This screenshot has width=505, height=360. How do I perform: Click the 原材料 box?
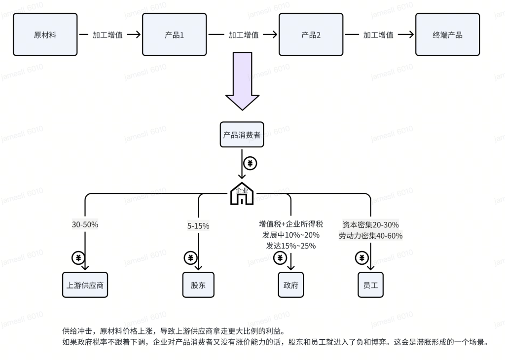point(45,35)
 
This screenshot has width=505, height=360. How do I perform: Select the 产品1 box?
point(174,35)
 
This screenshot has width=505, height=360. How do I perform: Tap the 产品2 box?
point(311,35)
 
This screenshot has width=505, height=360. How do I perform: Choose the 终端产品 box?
point(447,35)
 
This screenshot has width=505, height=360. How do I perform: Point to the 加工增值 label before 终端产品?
point(378,35)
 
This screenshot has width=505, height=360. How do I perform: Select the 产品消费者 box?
point(242,135)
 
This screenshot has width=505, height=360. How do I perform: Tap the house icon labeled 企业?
point(242,194)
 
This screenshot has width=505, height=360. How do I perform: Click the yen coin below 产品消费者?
point(251,163)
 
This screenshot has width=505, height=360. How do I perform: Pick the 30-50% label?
point(85,224)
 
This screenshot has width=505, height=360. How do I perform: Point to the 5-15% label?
point(198,226)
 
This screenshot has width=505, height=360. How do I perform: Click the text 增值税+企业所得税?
point(291,224)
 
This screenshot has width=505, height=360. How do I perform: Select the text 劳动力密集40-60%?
point(370,236)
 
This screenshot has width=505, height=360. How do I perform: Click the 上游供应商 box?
point(85,285)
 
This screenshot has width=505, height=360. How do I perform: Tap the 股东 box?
point(198,285)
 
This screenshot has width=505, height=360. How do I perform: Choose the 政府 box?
point(291,285)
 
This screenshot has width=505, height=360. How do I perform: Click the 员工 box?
point(370,285)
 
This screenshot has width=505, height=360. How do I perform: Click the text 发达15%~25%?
point(291,246)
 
